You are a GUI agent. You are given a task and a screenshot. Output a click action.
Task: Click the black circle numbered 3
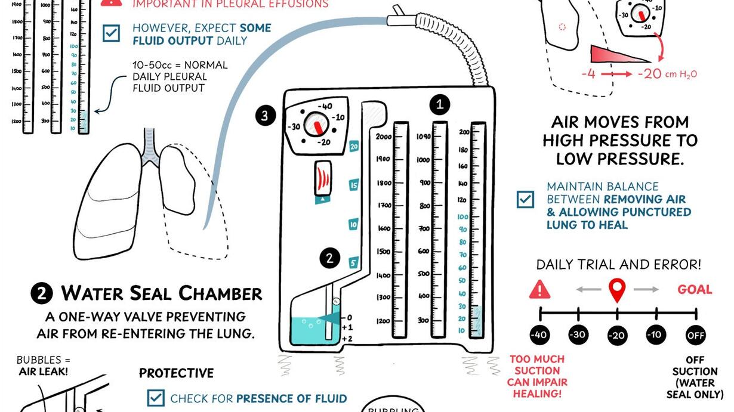click(x=266, y=116)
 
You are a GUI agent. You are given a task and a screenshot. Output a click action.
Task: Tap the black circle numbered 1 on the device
click(x=440, y=105)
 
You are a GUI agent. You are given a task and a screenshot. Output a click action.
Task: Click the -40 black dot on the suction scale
click(x=539, y=334)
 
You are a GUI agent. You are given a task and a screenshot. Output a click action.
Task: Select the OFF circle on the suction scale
click(x=695, y=334)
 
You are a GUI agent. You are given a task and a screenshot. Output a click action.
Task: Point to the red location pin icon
click(x=616, y=290)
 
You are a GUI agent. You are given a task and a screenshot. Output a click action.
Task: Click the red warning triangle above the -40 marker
click(x=539, y=290)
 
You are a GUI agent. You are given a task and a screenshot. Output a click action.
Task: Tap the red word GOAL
click(x=695, y=290)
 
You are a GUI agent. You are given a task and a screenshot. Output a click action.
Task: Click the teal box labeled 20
click(x=353, y=146)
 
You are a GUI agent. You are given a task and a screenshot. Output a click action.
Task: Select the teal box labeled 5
click(x=353, y=262)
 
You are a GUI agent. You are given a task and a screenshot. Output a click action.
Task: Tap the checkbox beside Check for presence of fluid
click(x=156, y=398)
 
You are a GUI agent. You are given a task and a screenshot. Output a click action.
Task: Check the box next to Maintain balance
click(x=526, y=199)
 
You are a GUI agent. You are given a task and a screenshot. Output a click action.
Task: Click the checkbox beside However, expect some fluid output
click(x=111, y=33)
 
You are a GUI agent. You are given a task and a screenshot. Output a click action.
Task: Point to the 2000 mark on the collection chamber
click(x=384, y=137)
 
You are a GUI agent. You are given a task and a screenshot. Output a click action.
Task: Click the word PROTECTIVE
click(x=176, y=373)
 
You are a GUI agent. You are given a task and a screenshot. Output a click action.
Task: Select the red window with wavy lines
click(x=323, y=178)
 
